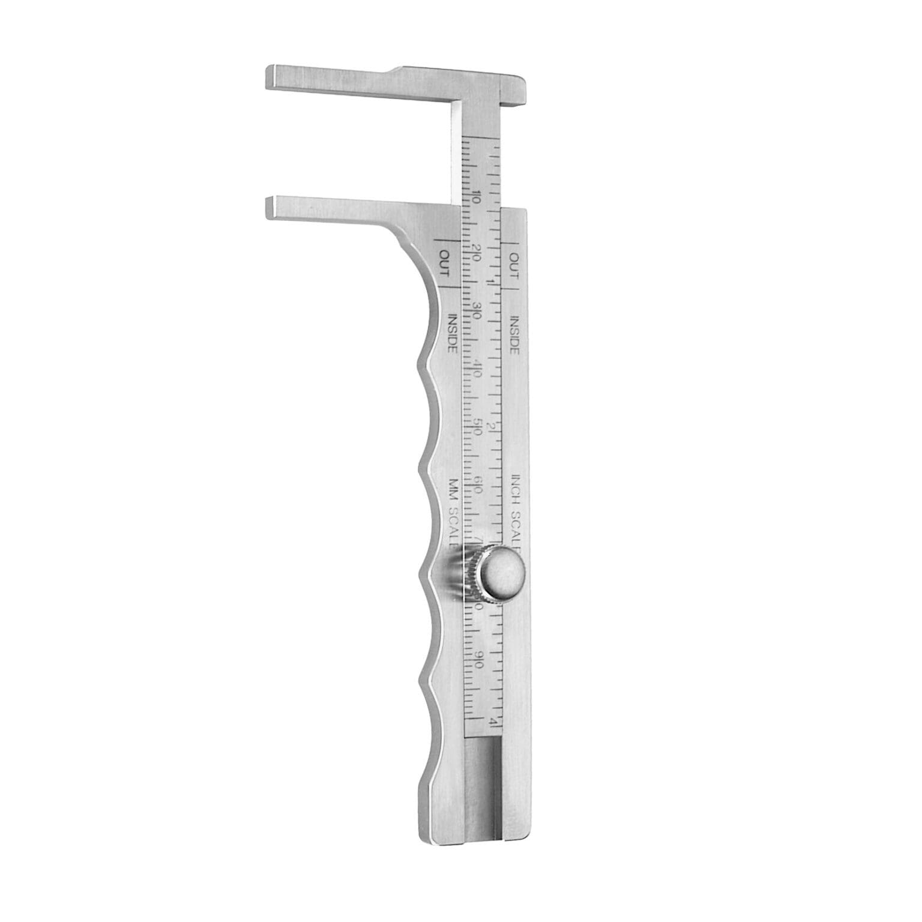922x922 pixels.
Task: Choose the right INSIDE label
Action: (514, 333)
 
